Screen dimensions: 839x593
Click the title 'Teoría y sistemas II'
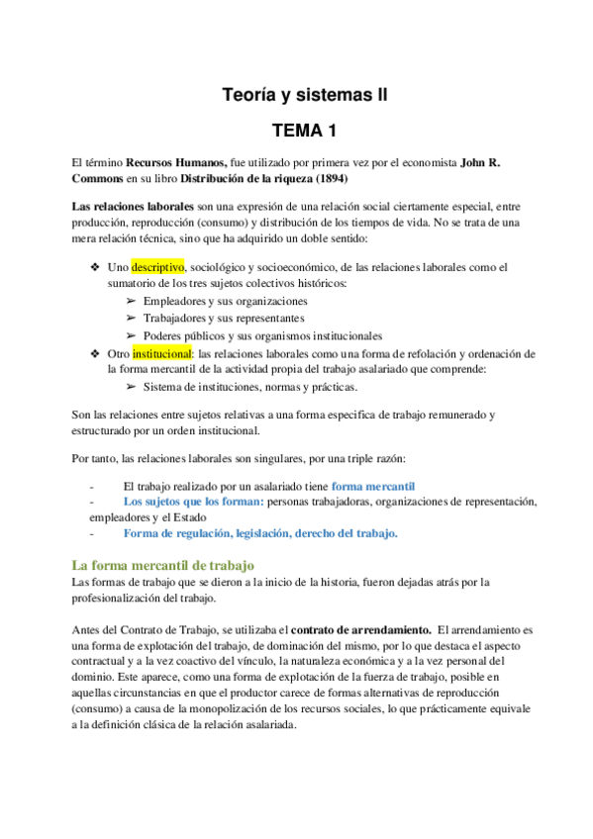304,95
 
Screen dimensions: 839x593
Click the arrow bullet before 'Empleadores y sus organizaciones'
132,301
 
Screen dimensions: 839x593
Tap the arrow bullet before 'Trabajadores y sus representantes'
132,318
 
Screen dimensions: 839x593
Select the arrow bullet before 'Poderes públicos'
132,335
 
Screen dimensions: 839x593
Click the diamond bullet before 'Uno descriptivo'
95,267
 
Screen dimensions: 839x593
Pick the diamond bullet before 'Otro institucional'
95,353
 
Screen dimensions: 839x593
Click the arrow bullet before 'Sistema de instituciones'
132,387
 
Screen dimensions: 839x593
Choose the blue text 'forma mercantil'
373,486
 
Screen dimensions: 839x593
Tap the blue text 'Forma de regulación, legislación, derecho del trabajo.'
260,533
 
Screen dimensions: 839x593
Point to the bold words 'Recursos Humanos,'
177,162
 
